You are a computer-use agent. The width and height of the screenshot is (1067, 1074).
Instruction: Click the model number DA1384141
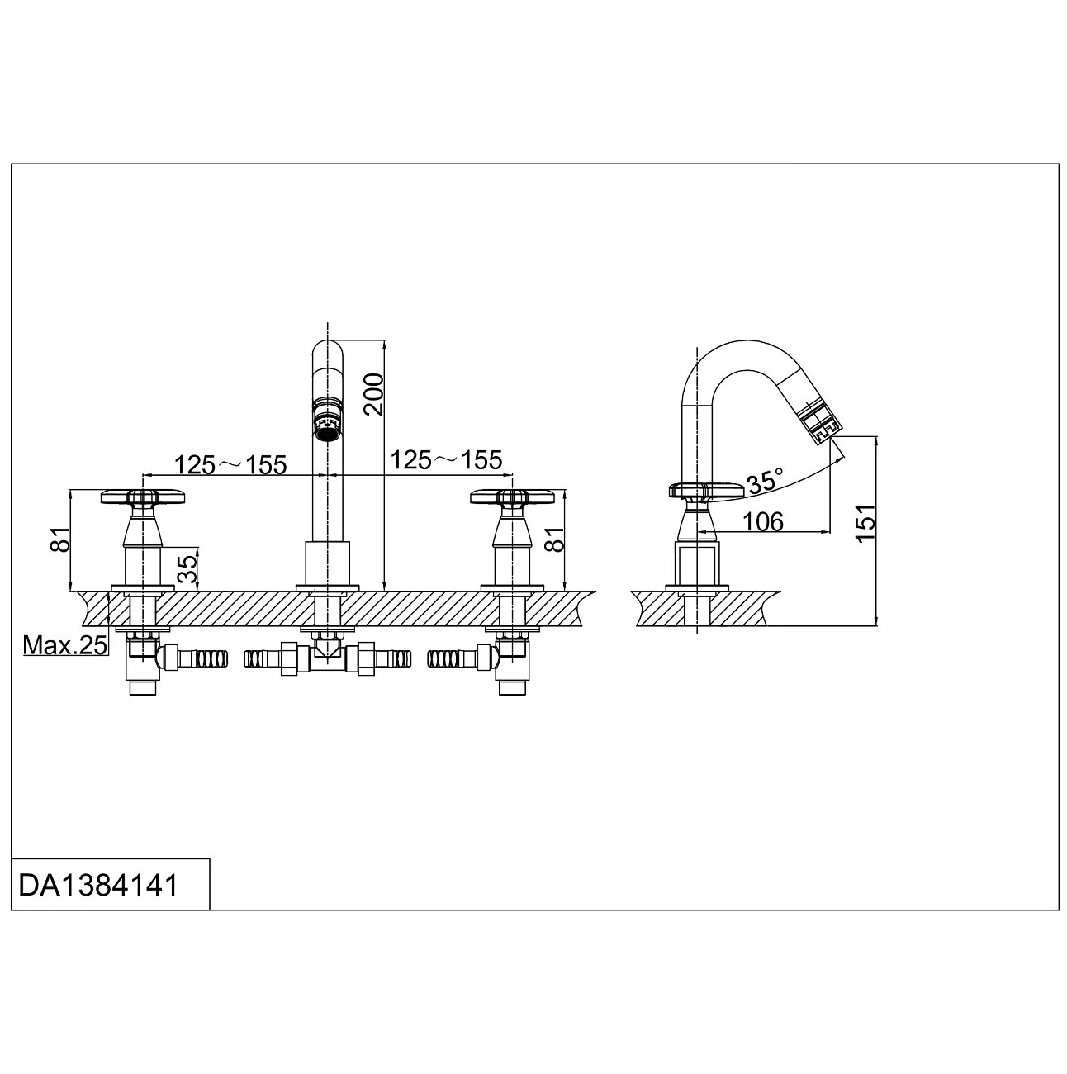(x=97, y=886)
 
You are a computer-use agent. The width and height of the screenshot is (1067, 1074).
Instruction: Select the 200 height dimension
(x=374, y=395)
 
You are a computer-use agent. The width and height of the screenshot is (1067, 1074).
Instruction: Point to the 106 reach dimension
(x=763, y=521)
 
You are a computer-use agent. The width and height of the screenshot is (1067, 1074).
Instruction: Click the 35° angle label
(x=764, y=481)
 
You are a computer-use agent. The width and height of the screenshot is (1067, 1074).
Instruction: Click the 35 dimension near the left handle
(x=188, y=569)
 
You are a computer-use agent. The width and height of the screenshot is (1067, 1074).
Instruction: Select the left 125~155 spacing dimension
(x=230, y=464)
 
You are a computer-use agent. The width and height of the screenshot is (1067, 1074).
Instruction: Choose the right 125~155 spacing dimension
(x=446, y=460)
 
